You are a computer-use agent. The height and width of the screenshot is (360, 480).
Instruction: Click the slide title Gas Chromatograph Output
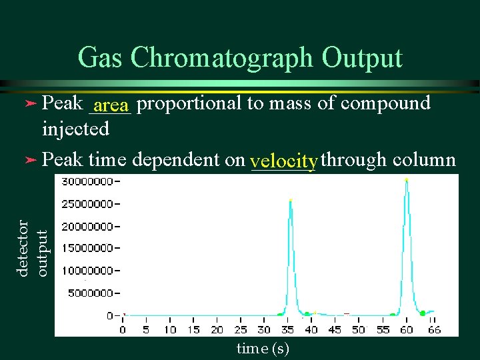[x=240, y=58]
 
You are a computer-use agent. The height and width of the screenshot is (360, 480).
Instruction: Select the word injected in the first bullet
[x=75, y=129]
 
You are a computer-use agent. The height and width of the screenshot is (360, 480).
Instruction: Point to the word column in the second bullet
[x=425, y=160]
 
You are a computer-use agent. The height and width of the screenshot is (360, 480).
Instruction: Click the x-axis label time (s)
[x=263, y=349]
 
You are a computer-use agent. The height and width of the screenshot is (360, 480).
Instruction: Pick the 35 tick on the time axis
[x=288, y=329]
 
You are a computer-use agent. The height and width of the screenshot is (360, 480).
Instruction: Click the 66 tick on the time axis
[x=434, y=329]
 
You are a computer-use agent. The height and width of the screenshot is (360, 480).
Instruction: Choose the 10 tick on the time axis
[x=170, y=329]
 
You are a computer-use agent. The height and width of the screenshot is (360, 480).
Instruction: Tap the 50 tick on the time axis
[x=359, y=329]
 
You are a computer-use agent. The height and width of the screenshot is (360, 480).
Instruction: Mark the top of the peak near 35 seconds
[x=290, y=200]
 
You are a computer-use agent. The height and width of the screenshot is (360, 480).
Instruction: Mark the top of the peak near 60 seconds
[x=407, y=179]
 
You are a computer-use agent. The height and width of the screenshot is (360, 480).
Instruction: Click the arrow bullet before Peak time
[x=29, y=161]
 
